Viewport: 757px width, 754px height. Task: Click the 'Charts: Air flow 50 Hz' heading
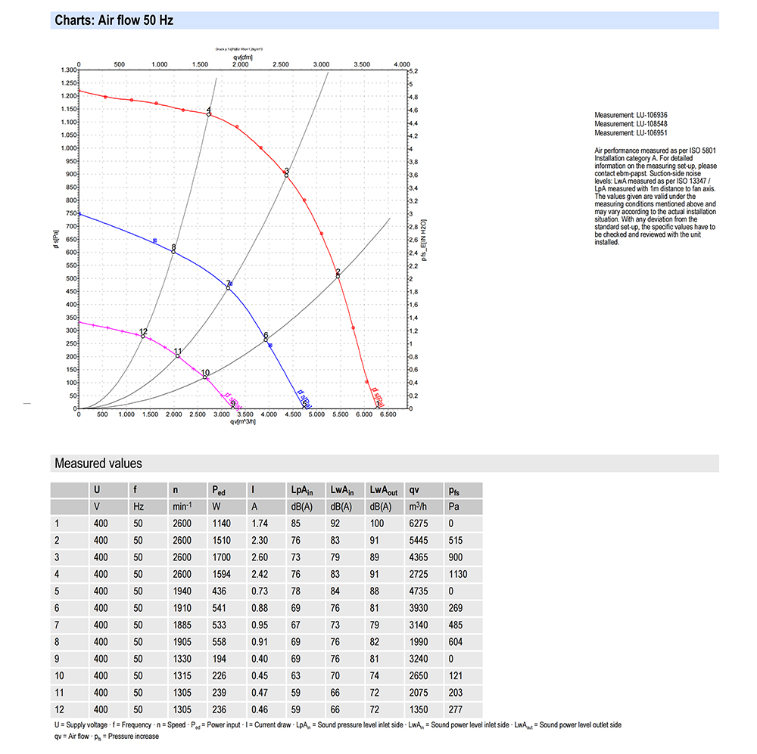(x=114, y=20)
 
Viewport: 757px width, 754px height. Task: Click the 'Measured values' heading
(x=98, y=464)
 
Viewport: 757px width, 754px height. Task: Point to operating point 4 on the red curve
(x=209, y=114)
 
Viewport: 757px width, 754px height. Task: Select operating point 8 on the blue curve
(x=173, y=251)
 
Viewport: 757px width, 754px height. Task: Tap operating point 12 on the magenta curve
(x=143, y=336)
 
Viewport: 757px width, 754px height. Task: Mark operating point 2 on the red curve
(x=338, y=276)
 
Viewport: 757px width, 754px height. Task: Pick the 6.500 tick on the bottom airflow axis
(x=388, y=415)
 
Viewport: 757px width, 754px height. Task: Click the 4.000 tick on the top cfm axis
(x=401, y=64)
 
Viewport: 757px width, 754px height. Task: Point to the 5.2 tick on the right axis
(x=414, y=70)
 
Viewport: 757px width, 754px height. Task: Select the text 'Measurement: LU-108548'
(x=631, y=123)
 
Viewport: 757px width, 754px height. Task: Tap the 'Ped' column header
(x=220, y=489)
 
